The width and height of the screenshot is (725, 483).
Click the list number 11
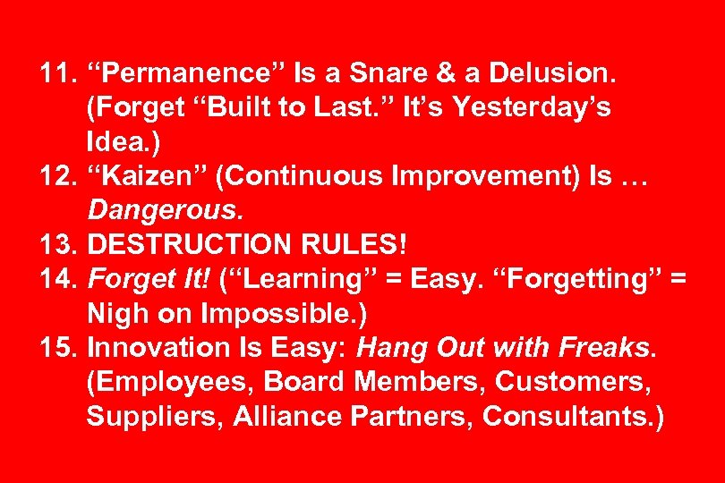[57, 74]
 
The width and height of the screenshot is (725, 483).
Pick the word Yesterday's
[532, 108]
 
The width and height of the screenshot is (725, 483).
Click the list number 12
[57, 176]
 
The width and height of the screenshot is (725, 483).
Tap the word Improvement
[463, 176]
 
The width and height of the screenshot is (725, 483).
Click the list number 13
[57, 244]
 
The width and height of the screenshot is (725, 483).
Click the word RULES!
[358, 244]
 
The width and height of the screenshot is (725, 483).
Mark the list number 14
[57, 279]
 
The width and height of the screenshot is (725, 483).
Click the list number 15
[57, 347]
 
